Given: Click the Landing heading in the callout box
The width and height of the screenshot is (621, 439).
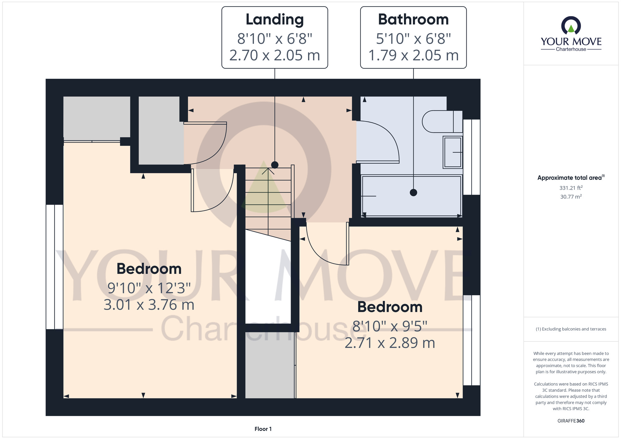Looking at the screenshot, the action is [275, 20].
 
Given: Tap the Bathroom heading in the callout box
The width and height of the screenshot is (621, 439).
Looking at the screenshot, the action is [413, 20].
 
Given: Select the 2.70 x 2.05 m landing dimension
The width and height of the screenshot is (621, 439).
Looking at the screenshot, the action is [275, 55].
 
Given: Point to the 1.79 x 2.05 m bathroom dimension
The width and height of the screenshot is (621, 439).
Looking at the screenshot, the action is [413, 55].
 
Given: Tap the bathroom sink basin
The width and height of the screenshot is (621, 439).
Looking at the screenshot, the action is [453, 152].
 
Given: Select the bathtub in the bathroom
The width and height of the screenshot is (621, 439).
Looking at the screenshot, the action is [412, 196].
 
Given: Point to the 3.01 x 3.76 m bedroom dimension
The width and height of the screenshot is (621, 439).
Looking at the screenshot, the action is [149, 305].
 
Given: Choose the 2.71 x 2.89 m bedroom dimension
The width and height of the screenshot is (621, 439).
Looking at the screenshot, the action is [390, 343].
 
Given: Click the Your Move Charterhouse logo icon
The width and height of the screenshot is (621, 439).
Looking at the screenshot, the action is [571, 25].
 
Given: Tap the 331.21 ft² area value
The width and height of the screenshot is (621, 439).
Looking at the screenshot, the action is [571, 188].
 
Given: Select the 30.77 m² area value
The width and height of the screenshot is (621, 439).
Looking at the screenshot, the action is [571, 197].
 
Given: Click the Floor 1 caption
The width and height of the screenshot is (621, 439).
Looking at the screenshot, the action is [263, 429].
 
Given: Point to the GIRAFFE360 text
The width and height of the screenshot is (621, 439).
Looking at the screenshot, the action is [571, 421].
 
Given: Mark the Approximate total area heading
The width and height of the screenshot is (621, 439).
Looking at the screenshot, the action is [571, 178].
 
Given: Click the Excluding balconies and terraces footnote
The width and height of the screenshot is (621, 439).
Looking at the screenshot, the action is [571, 329].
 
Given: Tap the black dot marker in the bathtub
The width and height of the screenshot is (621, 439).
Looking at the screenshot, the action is [413, 192].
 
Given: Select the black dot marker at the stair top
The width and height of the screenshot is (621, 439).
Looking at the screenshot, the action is [275, 165].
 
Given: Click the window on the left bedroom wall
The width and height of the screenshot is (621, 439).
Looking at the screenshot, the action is [55, 267].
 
